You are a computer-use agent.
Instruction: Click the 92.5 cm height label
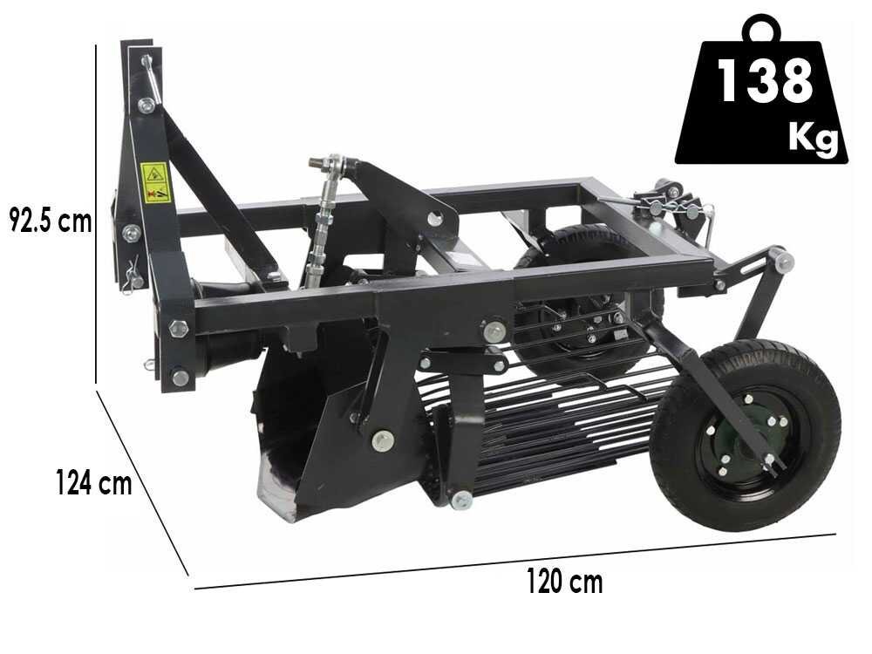point(51,221)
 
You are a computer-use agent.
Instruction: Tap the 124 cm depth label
point(94,481)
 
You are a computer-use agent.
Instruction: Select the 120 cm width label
point(564,581)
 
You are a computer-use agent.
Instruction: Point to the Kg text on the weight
point(813,136)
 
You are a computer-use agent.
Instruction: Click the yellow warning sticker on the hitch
point(154,182)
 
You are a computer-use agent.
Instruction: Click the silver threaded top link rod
point(321,222)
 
